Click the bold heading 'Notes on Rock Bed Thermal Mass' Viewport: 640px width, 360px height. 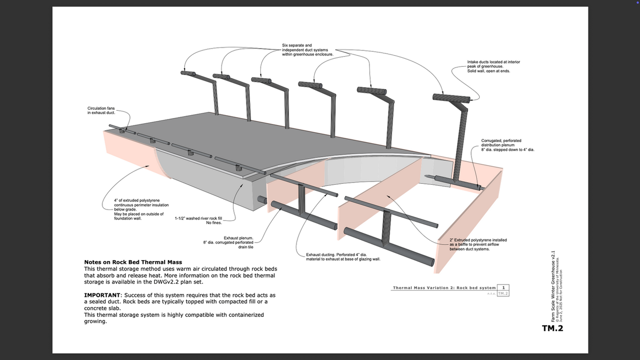[133, 263]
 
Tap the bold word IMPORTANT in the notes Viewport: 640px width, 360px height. [102, 295]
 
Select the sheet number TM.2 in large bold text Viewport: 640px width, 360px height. [552, 328]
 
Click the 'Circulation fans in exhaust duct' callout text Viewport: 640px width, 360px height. [101, 111]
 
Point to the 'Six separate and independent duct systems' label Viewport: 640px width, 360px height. [307, 50]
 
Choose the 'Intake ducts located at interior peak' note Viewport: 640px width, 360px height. [493, 67]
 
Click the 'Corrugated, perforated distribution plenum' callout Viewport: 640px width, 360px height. [507, 145]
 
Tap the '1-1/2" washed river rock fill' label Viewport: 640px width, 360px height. [198, 220]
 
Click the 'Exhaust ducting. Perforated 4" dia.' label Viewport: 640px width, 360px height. [343, 257]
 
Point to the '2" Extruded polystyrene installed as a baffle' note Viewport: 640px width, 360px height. [478, 244]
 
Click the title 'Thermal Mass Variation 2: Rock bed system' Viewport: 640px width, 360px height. [444, 288]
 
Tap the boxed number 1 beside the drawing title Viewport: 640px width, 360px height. [503, 288]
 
